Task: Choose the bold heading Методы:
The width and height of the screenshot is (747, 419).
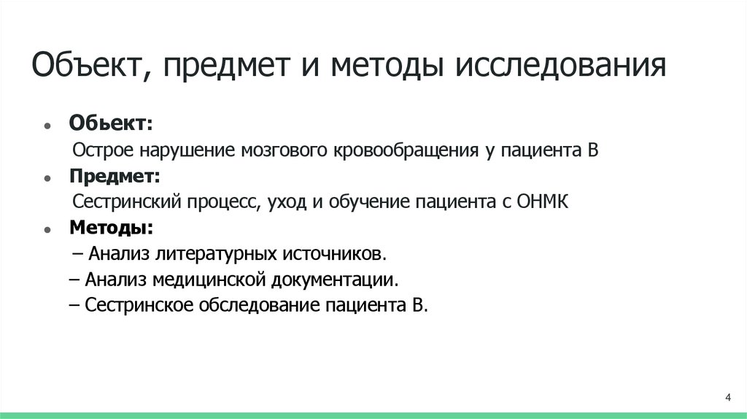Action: [112, 228]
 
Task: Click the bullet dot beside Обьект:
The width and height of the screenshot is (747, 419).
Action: [47, 126]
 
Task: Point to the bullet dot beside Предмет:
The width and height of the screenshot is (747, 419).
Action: [47, 179]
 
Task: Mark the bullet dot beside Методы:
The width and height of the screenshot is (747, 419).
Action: [47, 230]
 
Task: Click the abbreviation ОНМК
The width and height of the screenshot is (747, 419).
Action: [542, 202]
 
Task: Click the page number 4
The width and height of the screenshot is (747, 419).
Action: [728, 397]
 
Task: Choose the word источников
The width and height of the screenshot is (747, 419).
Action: [333, 254]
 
